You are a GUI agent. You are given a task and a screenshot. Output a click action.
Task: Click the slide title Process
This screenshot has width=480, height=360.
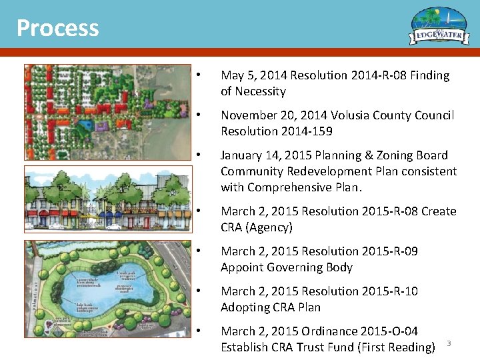[x=57, y=28]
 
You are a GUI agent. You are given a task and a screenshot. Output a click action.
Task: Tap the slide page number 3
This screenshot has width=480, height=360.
[x=449, y=343]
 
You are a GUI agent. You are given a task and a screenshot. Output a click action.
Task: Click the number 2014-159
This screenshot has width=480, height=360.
[x=307, y=132]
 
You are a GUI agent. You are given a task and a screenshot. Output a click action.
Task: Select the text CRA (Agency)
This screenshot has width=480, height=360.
[x=257, y=228]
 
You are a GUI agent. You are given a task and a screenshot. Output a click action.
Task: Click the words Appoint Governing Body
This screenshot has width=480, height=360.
[x=287, y=268]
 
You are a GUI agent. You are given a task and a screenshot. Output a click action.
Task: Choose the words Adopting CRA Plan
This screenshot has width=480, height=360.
[x=271, y=308]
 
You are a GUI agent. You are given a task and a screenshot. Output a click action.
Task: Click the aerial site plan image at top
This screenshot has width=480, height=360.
[x=106, y=113]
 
